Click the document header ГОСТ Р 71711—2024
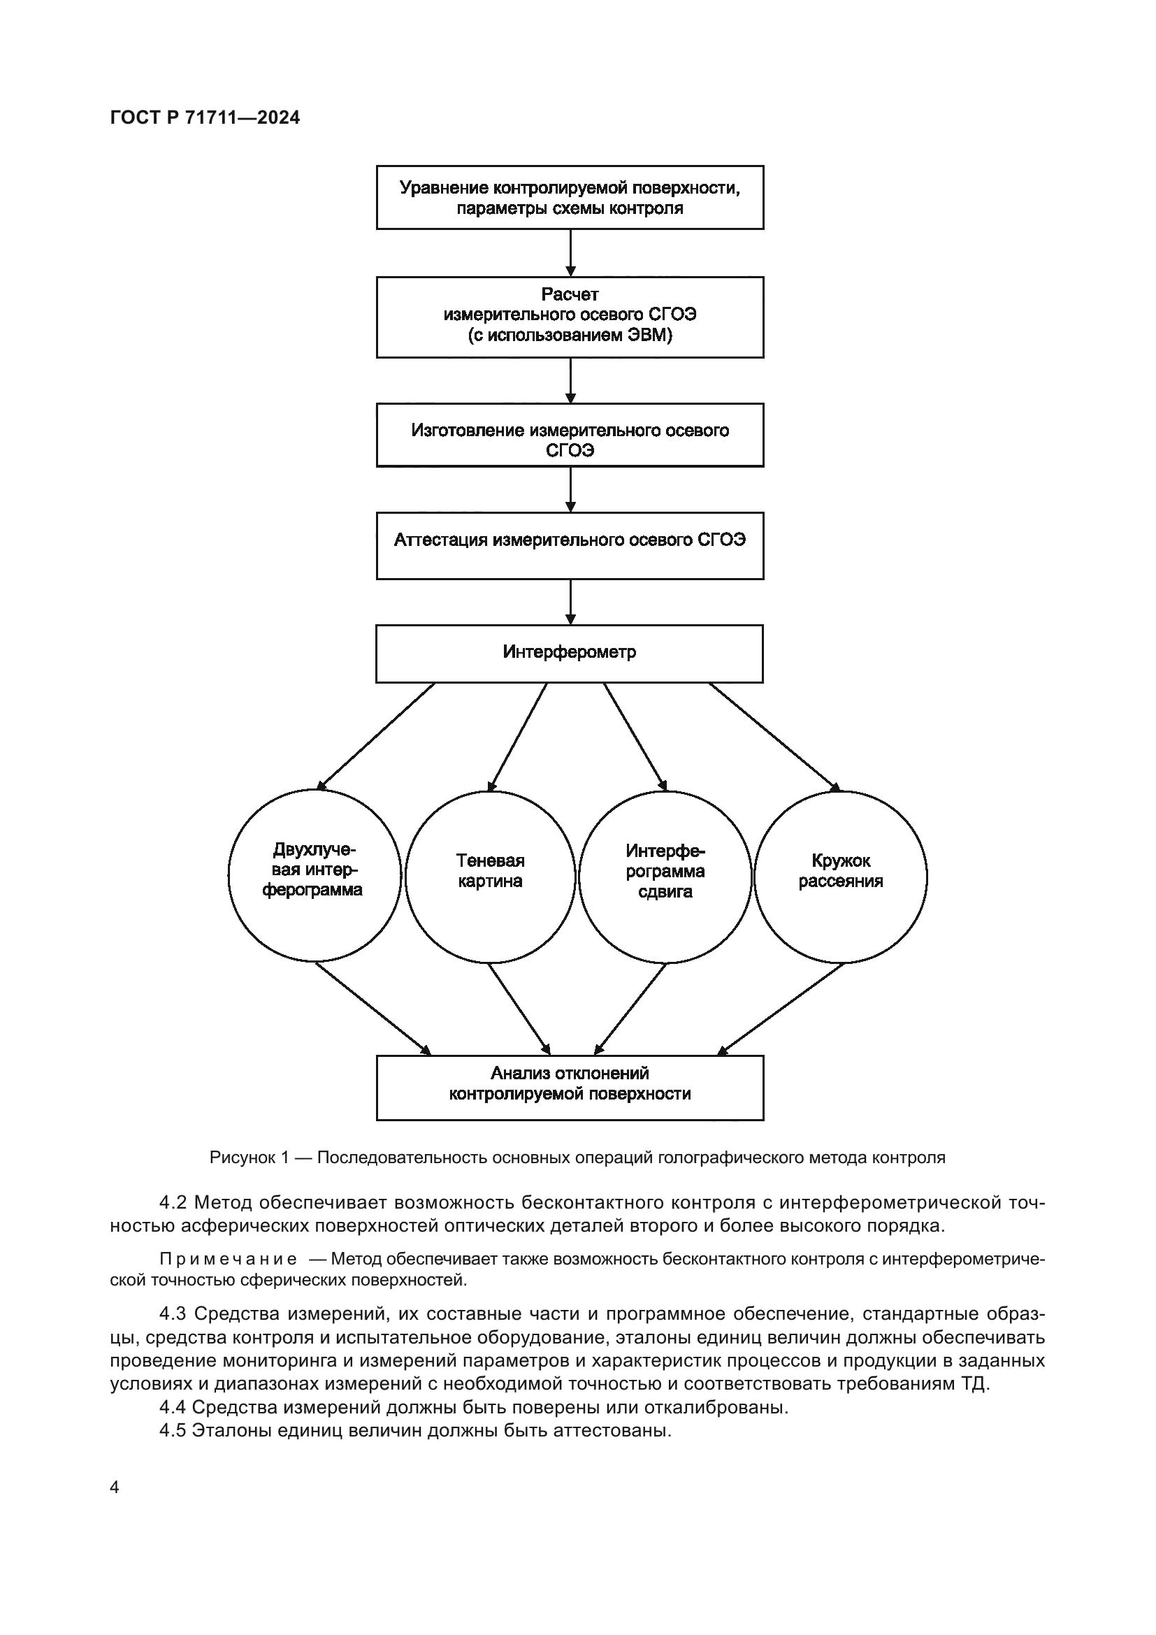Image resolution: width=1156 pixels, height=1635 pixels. tap(205, 118)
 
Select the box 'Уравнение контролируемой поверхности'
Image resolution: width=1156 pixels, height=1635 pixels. tap(570, 197)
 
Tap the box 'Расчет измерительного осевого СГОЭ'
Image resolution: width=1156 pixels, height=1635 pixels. tap(570, 316)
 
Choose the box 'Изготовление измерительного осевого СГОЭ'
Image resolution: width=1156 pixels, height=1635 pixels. tap(570, 434)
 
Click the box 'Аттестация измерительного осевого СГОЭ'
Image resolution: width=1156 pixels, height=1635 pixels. tap(570, 545)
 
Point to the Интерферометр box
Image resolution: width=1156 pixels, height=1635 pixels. tap(570, 653)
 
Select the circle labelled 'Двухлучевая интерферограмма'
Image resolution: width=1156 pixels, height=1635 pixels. tap(314, 876)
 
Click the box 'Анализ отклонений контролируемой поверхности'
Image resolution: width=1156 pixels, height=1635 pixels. tap(570, 1088)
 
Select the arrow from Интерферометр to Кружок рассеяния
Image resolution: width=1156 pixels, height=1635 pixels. tap(774, 737)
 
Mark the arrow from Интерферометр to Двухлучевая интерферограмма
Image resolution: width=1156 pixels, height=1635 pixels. tap(376, 736)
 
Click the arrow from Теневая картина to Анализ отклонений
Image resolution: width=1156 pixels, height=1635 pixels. tap(519, 1009)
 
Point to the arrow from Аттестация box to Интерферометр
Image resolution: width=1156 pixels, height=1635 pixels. tap(570, 602)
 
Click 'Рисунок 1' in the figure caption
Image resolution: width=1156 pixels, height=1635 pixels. tap(249, 1158)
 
